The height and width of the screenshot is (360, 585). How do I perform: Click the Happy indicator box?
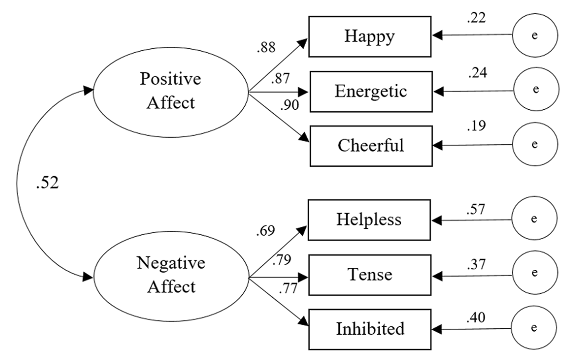[x=370, y=37]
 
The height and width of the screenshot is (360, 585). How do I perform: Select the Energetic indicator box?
[x=370, y=91]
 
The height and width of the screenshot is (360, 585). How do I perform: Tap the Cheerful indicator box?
[x=370, y=145]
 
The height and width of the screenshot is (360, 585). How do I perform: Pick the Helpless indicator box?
[x=369, y=220]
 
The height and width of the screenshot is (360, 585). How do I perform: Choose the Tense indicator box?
[x=370, y=275]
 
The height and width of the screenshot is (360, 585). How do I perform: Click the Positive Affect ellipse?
[x=171, y=91]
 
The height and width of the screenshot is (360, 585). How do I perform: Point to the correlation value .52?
[x=47, y=184]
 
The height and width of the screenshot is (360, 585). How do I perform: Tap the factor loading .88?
[x=265, y=47]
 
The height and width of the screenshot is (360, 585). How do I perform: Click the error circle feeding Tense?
[x=534, y=274]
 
